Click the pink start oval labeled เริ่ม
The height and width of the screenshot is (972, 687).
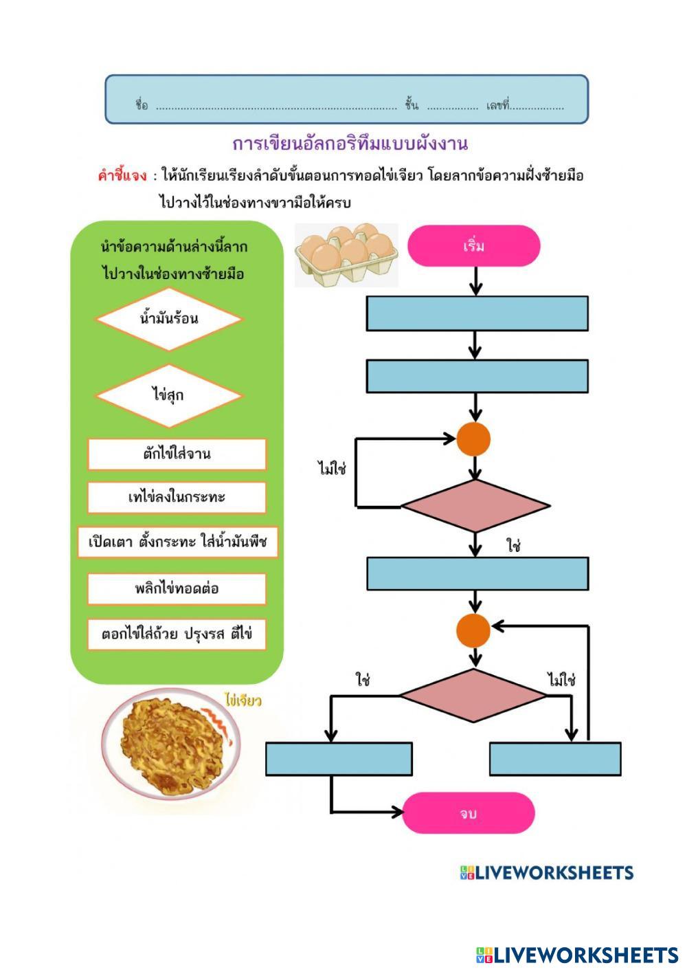[474, 246]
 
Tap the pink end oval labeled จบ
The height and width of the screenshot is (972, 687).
[468, 813]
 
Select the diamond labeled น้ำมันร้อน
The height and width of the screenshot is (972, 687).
[169, 319]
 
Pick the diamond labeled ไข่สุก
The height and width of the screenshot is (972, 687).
[169, 396]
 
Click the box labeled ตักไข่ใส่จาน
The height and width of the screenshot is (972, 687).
[177, 454]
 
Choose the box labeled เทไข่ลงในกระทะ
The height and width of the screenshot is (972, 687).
[177, 498]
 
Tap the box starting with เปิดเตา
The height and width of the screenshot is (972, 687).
[177, 542]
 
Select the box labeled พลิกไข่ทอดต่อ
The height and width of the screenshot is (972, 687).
[177, 589]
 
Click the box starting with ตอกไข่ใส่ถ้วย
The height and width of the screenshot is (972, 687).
[177, 634]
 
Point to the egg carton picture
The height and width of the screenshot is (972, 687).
[346, 254]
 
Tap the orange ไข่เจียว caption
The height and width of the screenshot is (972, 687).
[243, 700]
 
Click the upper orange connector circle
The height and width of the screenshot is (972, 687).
[474, 439]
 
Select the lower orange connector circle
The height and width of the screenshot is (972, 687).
[474, 630]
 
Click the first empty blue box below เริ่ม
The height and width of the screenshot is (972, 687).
[477, 313]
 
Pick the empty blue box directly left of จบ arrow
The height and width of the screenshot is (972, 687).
[339, 759]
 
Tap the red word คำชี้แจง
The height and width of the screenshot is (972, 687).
[122, 175]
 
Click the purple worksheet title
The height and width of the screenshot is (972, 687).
[350, 144]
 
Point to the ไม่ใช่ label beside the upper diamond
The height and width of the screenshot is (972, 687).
[332, 469]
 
